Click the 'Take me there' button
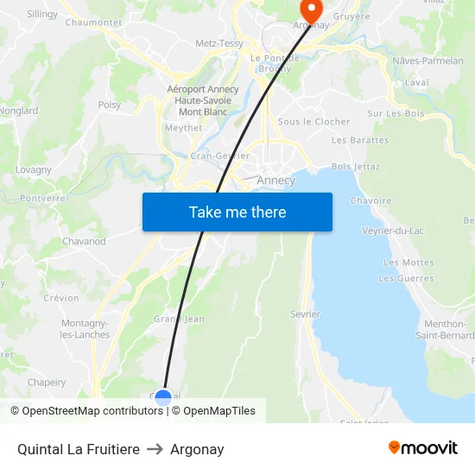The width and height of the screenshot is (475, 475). [237, 212]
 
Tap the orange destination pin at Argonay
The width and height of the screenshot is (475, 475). [310, 9]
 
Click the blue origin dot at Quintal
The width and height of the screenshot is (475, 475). [162, 397]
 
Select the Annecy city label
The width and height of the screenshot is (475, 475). [276, 180]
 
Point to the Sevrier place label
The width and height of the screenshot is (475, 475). [306, 314]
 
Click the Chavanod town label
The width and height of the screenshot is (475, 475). [84, 242]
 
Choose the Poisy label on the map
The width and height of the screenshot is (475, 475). [110, 104]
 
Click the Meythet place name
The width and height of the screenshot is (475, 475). [183, 128]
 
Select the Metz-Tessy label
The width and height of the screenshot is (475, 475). [218, 42]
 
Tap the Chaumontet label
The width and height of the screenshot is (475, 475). [93, 22]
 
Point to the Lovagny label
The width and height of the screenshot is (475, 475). [34, 170]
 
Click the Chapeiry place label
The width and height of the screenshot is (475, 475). [47, 383]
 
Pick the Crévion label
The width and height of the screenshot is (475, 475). [60, 298]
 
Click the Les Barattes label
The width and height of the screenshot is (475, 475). [360, 140]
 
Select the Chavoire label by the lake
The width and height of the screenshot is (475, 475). [370, 201]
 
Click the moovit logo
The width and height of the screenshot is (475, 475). [422, 447]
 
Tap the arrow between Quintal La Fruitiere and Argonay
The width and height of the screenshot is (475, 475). [155, 449]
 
